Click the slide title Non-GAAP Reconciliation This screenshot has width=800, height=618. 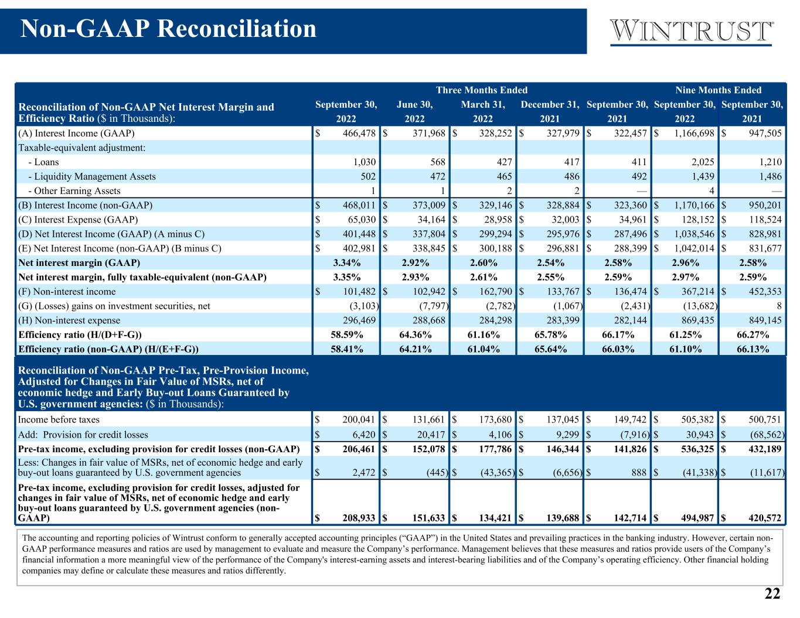pyautogui.click(x=168, y=29)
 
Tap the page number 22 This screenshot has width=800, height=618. pyautogui.click(x=772, y=593)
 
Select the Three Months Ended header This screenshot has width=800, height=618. pyautogui.click(x=482, y=90)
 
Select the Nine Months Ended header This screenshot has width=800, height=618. pyautogui.click(x=719, y=90)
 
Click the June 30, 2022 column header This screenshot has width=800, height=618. pyautogui.click(x=414, y=111)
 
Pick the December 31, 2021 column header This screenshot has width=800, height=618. pyautogui.click(x=550, y=111)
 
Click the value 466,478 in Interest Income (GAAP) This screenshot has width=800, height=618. pyautogui.click(x=359, y=133)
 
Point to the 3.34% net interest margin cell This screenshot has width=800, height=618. pyautogui.click(x=347, y=262)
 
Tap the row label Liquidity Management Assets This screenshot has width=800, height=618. pyautogui.click(x=92, y=176)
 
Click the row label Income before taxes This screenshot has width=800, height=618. pyautogui.click(x=59, y=419)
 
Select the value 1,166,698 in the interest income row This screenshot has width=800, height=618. pyautogui.click(x=694, y=133)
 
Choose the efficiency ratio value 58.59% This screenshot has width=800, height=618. pyautogui.click(x=347, y=334)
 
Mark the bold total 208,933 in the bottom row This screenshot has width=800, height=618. pyautogui.click(x=359, y=518)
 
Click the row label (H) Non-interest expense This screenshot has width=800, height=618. pyautogui.click(x=69, y=320)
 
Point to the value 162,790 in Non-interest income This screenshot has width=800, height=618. pyautogui.click(x=496, y=291)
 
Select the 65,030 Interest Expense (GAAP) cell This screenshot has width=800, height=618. pyautogui.click(x=362, y=220)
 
